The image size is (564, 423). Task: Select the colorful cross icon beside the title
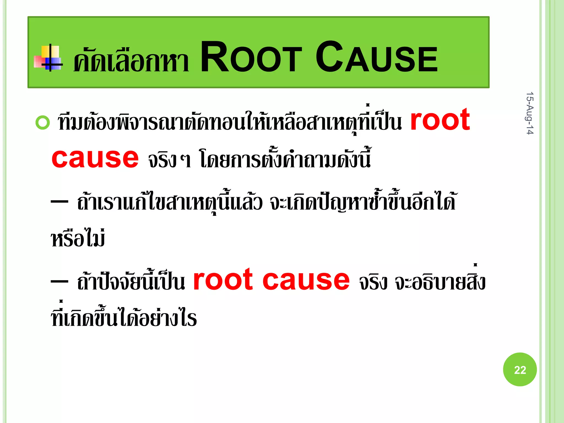(48, 58)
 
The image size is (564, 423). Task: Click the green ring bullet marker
(43, 123)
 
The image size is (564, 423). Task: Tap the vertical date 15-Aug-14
(530, 113)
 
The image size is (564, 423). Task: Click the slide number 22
(520, 370)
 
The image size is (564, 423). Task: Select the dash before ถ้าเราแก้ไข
(59, 202)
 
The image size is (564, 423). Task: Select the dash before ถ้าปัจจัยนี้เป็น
(59, 281)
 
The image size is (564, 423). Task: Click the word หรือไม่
(78, 238)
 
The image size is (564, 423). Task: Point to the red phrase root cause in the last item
(271, 280)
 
